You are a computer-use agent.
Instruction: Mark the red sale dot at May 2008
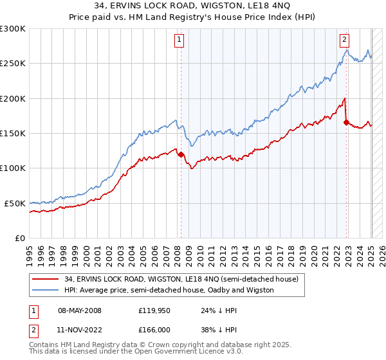click(x=181, y=154)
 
